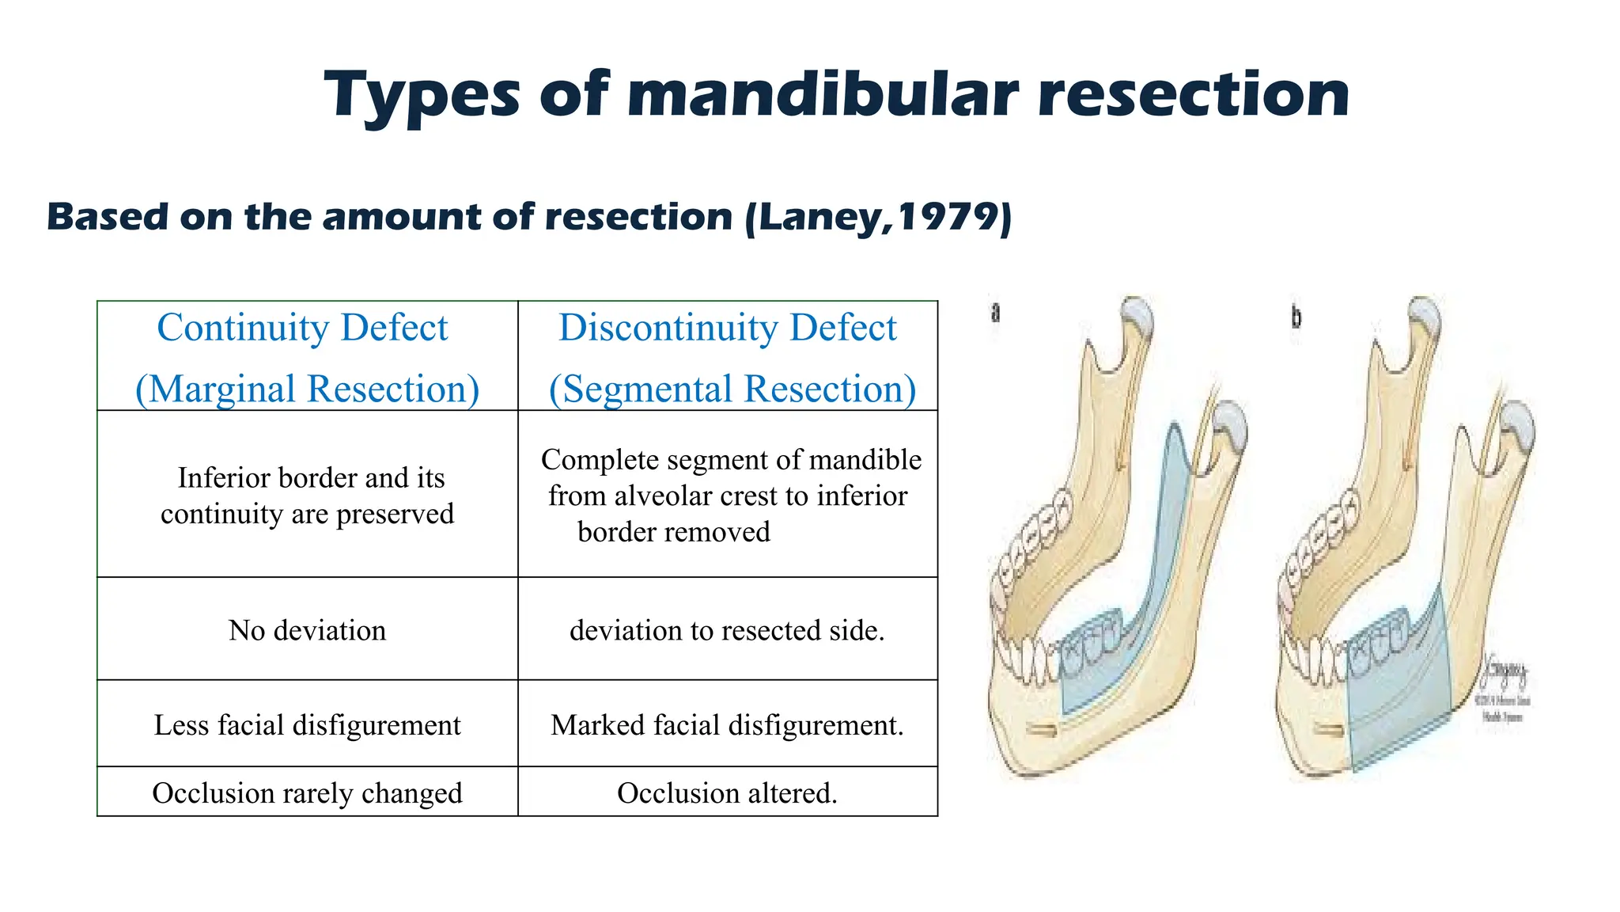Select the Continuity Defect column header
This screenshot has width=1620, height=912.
(x=302, y=328)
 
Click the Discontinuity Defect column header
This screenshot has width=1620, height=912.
(x=728, y=328)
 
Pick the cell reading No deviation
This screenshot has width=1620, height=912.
(x=307, y=630)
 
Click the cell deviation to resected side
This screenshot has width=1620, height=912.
(x=727, y=630)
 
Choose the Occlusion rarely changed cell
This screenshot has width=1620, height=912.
(x=307, y=792)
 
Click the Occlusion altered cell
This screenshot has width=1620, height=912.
(x=727, y=792)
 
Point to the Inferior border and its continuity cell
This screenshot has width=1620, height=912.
(x=307, y=496)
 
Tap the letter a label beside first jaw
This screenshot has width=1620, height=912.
(x=996, y=313)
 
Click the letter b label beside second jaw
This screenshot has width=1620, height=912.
(x=1296, y=317)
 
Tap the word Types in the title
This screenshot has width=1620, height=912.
(x=421, y=96)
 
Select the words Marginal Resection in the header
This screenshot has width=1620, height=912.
(x=307, y=389)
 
